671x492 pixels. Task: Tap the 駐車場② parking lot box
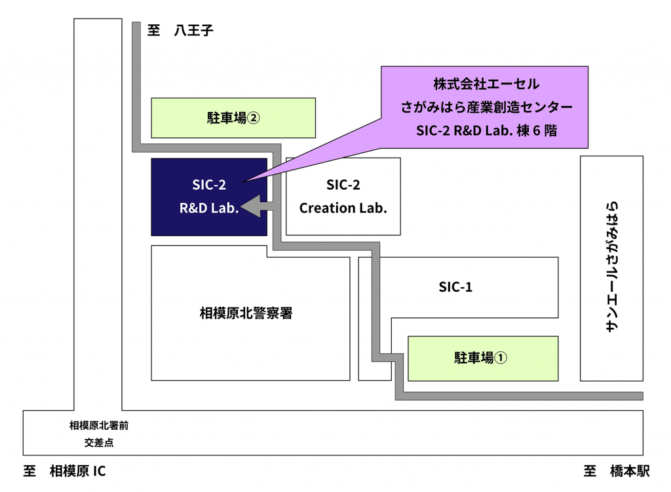click(233, 118)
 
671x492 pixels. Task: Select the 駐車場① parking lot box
click(482, 358)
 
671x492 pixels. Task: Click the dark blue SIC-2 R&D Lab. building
click(208, 196)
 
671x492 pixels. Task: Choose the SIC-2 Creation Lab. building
click(343, 196)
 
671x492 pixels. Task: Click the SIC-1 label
click(455, 287)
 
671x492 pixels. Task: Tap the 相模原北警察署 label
click(246, 313)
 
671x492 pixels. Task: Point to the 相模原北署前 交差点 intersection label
click(99, 434)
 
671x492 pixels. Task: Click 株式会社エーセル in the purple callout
click(486, 84)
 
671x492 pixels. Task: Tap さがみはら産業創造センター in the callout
click(486, 107)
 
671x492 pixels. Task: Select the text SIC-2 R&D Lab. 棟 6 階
click(486, 130)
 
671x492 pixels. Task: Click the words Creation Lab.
click(343, 209)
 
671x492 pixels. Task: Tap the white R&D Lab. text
click(209, 209)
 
